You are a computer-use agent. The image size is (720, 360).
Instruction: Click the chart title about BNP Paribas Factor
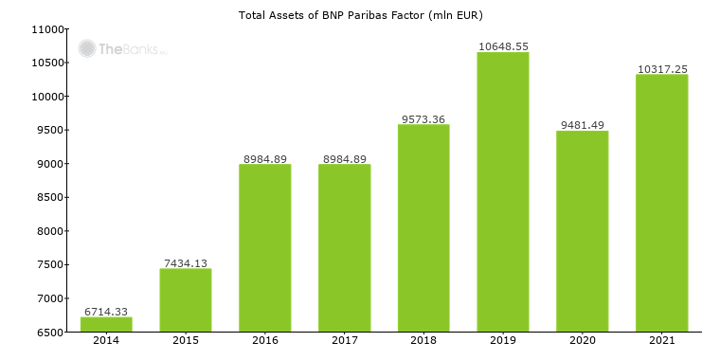pyautogui.click(x=360, y=15)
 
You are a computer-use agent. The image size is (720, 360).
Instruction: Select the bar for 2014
pyautogui.click(x=106, y=324)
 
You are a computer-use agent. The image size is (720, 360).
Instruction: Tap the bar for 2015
pyautogui.click(x=186, y=300)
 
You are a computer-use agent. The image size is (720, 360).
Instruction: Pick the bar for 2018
pyautogui.click(x=423, y=227)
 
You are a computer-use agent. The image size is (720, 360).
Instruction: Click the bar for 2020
pyautogui.click(x=583, y=231)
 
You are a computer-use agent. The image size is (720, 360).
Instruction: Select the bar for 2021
pyautogui.click(x=661, y=203)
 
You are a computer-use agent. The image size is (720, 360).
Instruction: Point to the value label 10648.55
pyautogui.click(x=503, y=45)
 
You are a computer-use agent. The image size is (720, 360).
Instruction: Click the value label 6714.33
pyautogui.click(x=106, y=311)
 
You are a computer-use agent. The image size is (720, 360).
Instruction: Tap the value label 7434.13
pyautogui.click(x=186, y=262)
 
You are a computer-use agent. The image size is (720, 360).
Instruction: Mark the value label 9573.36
pyautogui.click(x=423, y=118)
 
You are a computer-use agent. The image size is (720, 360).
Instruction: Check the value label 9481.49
pyautogui.click(x=583, y=124)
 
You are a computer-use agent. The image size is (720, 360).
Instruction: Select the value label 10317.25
pyautogui.click(x=661, y=68)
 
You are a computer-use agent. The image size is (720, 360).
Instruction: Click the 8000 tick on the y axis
pyautogui.click(x=48, y=231)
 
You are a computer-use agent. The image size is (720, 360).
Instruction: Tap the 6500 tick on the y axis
pyautogui.click(x=48, y=332)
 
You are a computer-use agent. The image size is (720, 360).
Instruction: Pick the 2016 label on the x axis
pyautogui.click(x=265, y=342)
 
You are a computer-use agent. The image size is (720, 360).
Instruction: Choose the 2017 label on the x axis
pyautogui.click(x=344, y=342)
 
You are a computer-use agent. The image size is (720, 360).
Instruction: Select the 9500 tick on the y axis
pyautogui.click(x=48, y=130)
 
